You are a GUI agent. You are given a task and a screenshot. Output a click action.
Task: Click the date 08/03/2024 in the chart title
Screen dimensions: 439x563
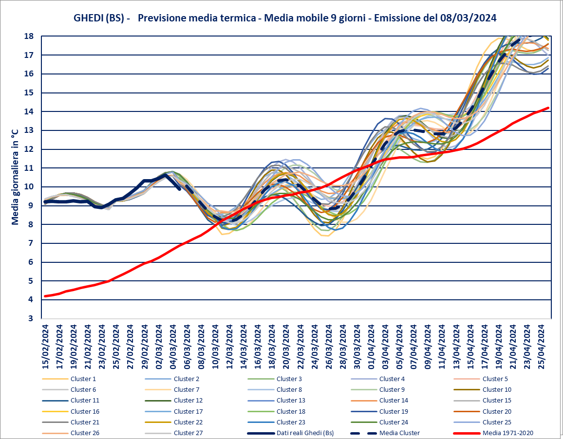468,18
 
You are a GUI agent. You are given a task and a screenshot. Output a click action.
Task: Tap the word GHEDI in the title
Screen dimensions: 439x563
88,18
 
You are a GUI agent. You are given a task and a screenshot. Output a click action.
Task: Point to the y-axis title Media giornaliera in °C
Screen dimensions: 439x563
15,177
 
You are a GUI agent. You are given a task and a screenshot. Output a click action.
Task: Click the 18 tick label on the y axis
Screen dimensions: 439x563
29,36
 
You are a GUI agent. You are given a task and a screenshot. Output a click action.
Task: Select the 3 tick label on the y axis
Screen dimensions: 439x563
31,318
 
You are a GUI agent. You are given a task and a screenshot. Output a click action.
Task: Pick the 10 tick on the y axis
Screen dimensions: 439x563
29,187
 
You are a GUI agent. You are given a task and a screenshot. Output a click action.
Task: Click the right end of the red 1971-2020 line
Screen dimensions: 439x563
549,108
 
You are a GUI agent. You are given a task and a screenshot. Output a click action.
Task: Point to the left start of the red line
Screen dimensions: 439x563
45,296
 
